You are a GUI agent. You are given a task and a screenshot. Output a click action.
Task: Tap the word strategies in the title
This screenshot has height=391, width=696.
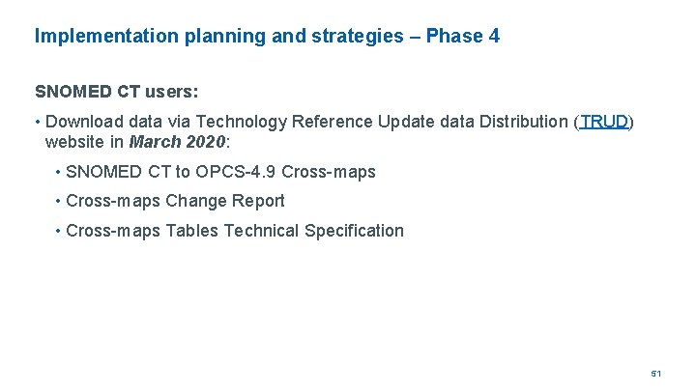point(356,38)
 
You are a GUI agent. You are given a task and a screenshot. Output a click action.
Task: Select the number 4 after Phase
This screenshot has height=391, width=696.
point(494,38)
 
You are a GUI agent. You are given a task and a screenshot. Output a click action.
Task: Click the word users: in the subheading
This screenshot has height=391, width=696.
point(172,93)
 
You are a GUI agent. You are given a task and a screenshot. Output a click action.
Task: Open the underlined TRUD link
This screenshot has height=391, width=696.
point(604,123)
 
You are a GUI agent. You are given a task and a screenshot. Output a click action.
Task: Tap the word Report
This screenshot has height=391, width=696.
point(259,202)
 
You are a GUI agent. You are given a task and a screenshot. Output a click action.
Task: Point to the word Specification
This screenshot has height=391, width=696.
point(354,231)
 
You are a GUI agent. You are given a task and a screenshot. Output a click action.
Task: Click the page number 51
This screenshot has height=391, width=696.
point(655,373)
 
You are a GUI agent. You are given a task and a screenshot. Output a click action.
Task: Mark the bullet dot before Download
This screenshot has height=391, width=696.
point(38,123)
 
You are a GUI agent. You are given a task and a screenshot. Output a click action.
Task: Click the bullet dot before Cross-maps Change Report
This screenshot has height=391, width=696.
point(58,202)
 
